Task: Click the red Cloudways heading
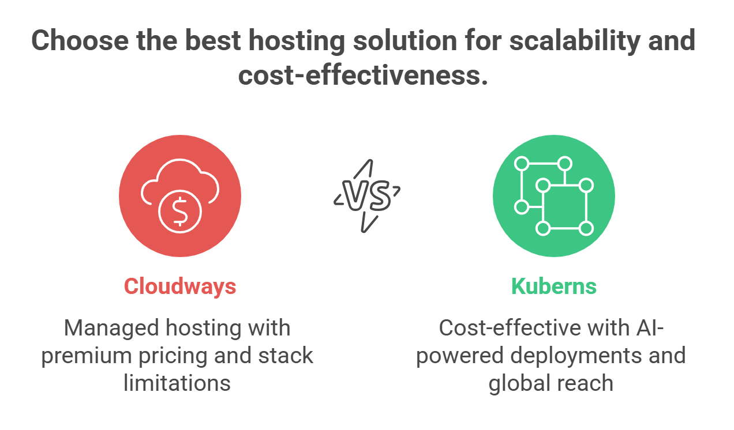coord(180,287)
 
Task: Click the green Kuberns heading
coord(554,286)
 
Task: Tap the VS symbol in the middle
coord(367,196)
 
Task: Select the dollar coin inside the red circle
coord(180,212)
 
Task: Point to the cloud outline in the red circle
coord(179,161)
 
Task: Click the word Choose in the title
coord(80,40)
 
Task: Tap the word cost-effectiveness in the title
coord(363,76)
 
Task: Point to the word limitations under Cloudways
coord(177,383)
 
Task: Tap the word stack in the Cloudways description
coord(286,356)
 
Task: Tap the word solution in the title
coord(405,40)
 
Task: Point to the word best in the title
coord(213,40)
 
